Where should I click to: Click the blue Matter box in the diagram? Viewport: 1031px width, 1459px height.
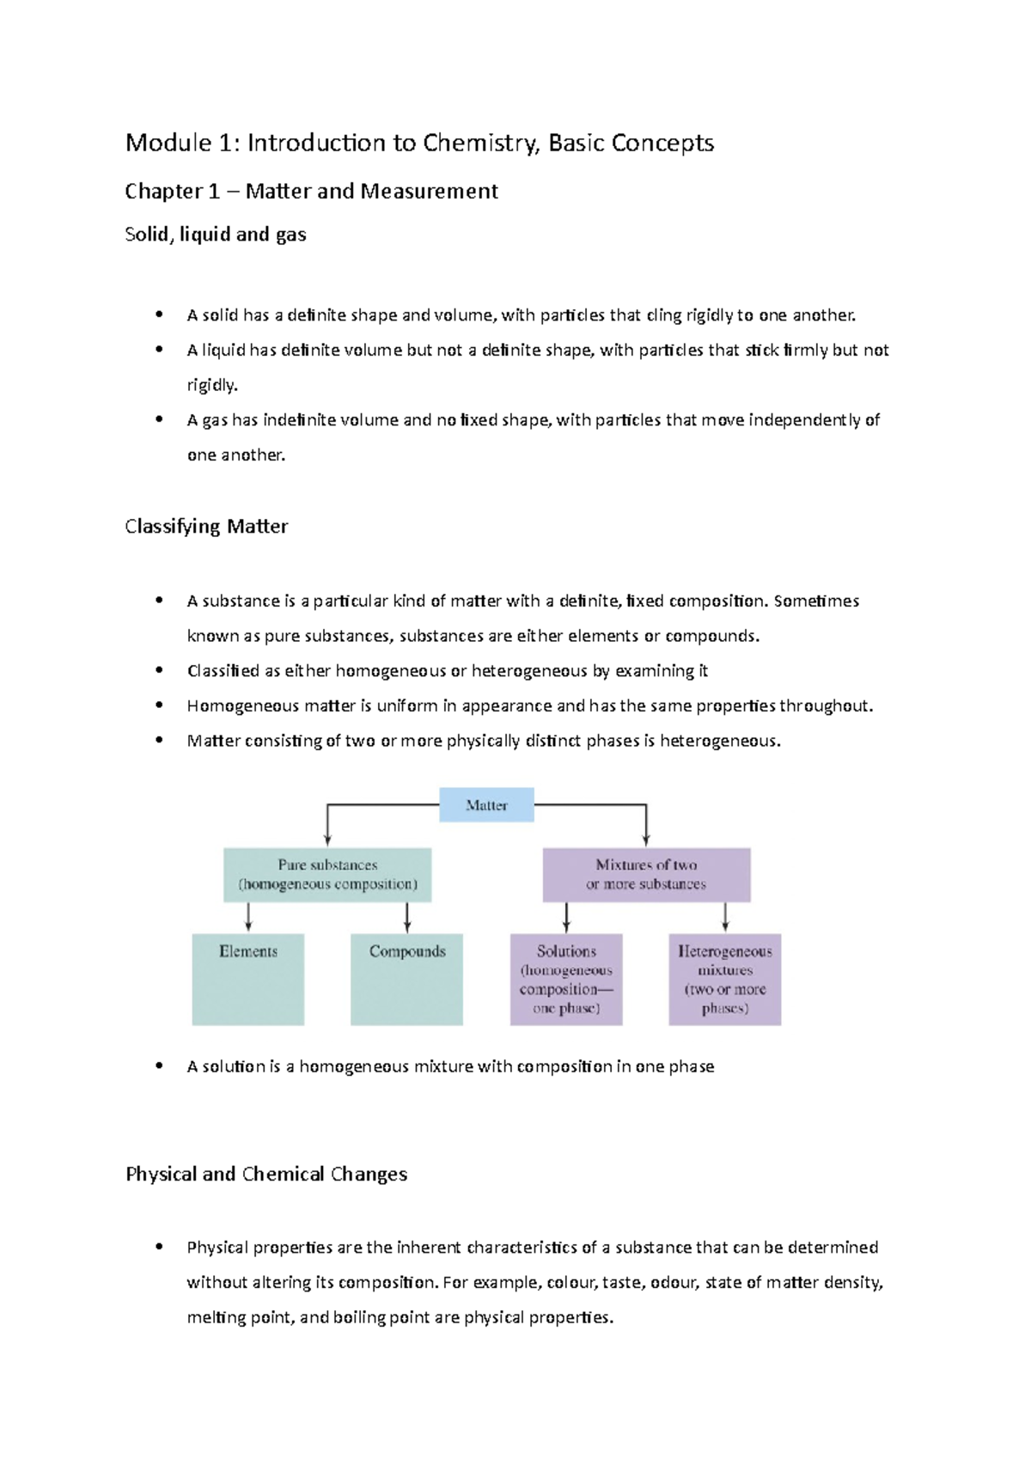pos(486,805)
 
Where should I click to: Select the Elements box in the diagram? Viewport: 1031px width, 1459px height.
pos(248,979)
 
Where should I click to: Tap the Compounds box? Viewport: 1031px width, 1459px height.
pos(406,979)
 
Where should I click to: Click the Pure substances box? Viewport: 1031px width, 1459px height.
pos(327,875)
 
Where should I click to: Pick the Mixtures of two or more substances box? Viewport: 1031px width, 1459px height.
pos(646,875)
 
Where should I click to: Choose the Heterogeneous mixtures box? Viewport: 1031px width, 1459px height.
pos(725,979)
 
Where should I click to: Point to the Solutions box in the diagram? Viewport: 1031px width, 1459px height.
pos(566,979)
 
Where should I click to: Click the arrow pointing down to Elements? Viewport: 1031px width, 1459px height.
pos(248,918)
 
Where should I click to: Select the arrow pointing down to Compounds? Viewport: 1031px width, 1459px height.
pos(407,918)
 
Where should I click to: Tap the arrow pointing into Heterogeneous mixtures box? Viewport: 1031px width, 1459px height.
pos(725,918)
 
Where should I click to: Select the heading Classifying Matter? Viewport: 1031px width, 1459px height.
pos(206,526)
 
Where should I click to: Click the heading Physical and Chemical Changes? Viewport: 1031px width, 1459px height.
pos(266,1174)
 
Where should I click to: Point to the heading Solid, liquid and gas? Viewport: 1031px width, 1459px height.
pos(216,235)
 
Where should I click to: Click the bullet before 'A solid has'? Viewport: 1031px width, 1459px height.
pos(159,314)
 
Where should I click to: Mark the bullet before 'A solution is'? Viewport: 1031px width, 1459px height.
pos(159,1065)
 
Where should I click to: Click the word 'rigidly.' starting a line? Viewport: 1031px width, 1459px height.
pos(212,385)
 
